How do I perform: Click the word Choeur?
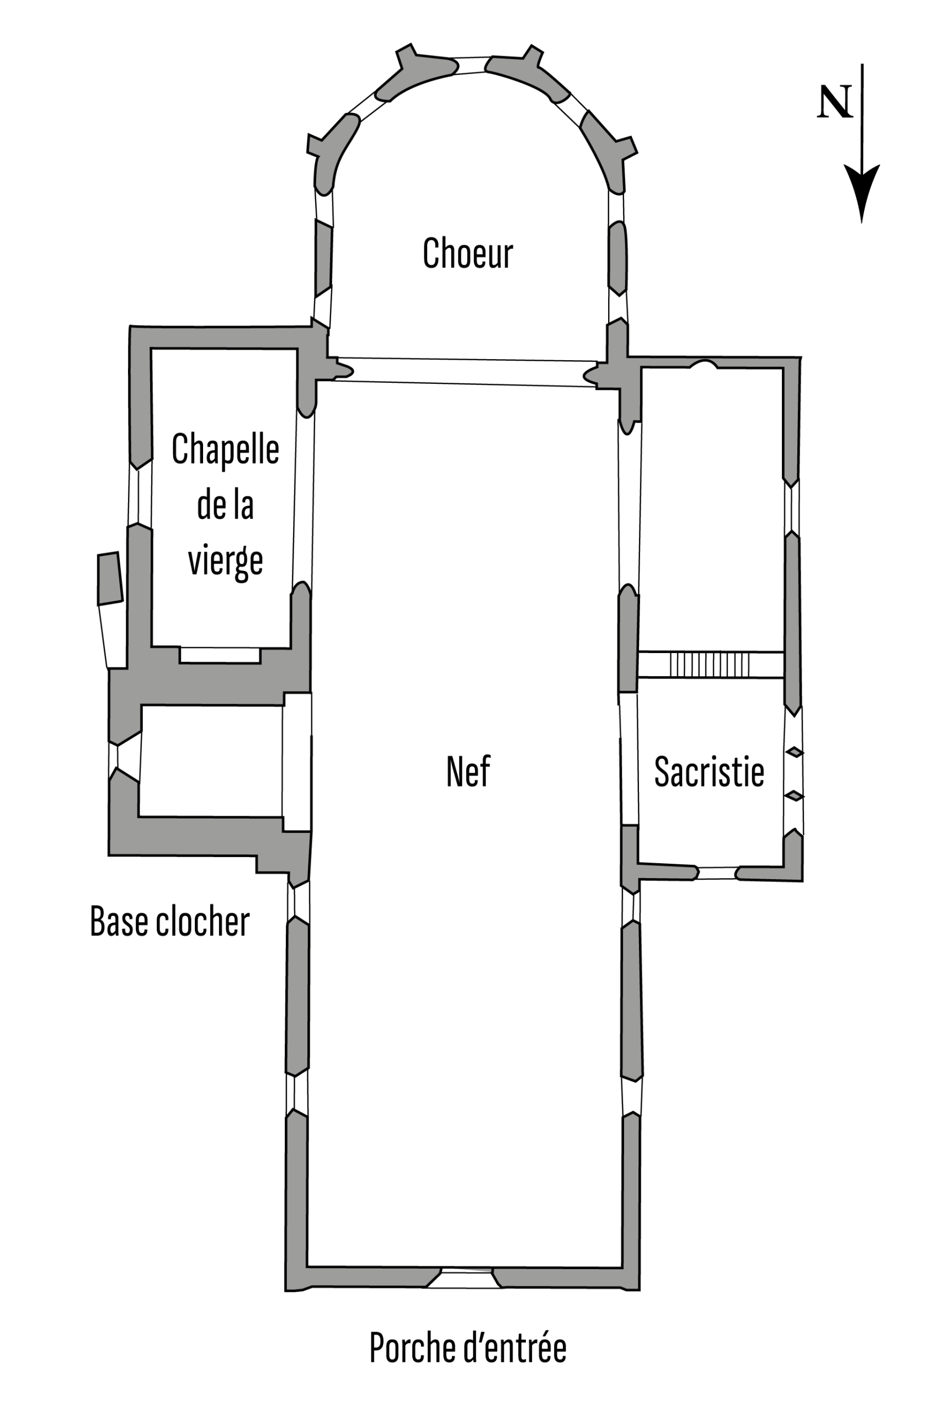(x=467, y=254)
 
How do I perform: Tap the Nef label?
(x=468, y=772)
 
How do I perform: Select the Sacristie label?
(x=709, y=772)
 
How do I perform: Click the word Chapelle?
(x=225, y=450)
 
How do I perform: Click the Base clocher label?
(x=169, y=921)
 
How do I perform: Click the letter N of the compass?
(x=835, y=102)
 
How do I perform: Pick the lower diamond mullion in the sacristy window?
(x=795, y=796)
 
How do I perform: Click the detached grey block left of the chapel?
(x=109, y=579)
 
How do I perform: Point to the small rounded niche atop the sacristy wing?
(x=703, y=365)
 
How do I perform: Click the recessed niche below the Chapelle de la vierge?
(x=220, y=655)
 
